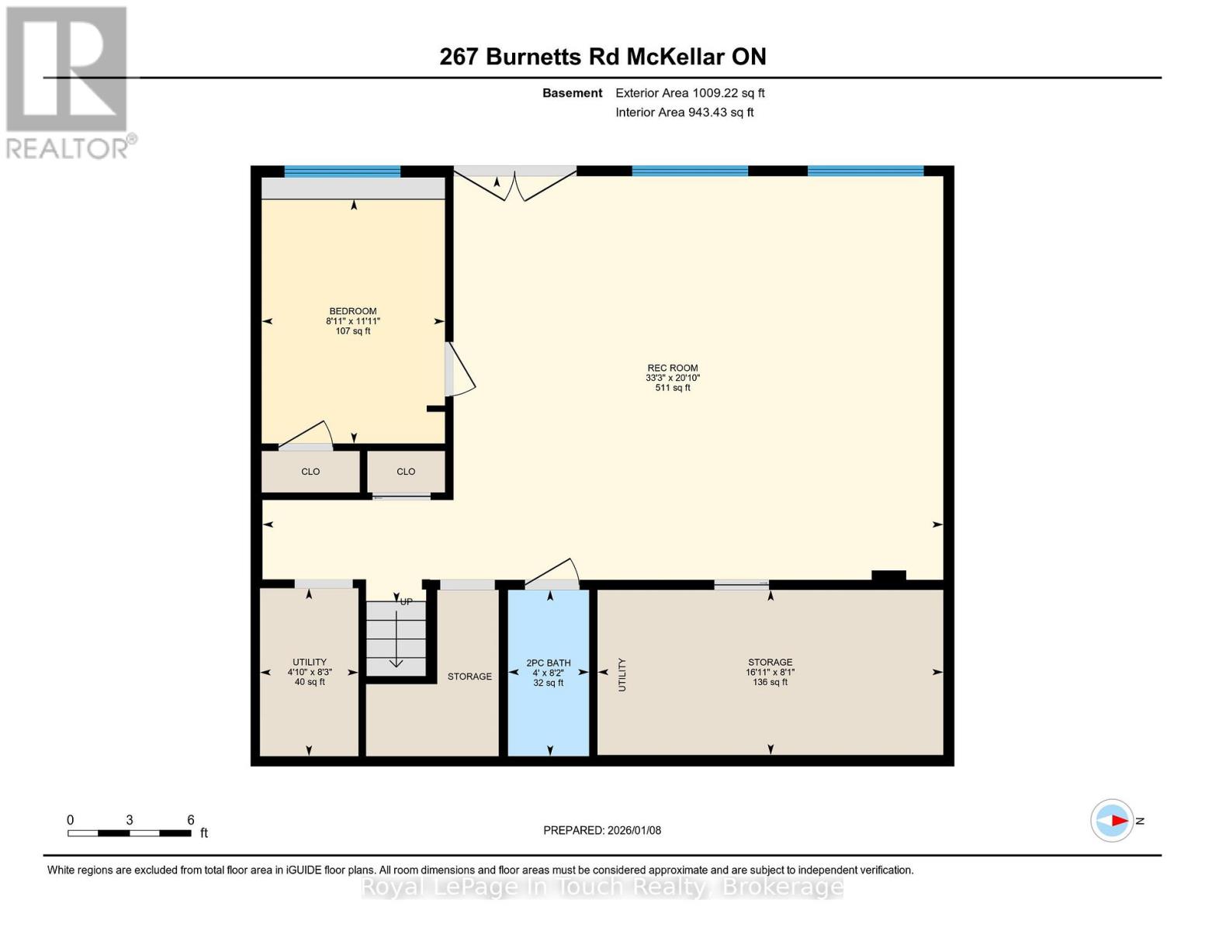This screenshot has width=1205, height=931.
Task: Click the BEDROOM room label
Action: coord(353,312)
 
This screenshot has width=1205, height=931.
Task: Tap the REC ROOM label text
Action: coord(673,369)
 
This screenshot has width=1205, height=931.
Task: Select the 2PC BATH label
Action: coord(549,663)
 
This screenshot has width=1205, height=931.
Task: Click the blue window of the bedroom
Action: coord(342,171)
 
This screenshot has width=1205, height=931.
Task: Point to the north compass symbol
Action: coord(1113,820)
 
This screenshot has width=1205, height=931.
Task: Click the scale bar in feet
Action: coord(130,832)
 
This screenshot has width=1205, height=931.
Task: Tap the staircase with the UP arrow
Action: coord(396,638)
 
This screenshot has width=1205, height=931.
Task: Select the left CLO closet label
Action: coord(310,472)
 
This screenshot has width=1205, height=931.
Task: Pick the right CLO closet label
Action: coord(406,472)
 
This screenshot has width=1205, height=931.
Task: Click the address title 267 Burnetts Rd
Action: coord(603,57)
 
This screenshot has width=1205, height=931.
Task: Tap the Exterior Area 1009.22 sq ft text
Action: coord(690,93)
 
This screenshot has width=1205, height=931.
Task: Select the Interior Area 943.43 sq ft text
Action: coord(684,112)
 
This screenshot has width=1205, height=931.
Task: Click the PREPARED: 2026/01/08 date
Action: coord(602,830)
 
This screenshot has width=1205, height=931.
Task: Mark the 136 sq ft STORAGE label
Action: coord(770,672)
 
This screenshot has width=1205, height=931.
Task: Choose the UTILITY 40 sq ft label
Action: coord(310,672)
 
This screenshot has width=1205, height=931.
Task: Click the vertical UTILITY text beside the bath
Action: coord(622,674)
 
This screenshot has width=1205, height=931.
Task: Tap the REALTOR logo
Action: coord(68,81)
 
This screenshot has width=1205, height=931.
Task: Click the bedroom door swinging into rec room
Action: coord(460,370)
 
